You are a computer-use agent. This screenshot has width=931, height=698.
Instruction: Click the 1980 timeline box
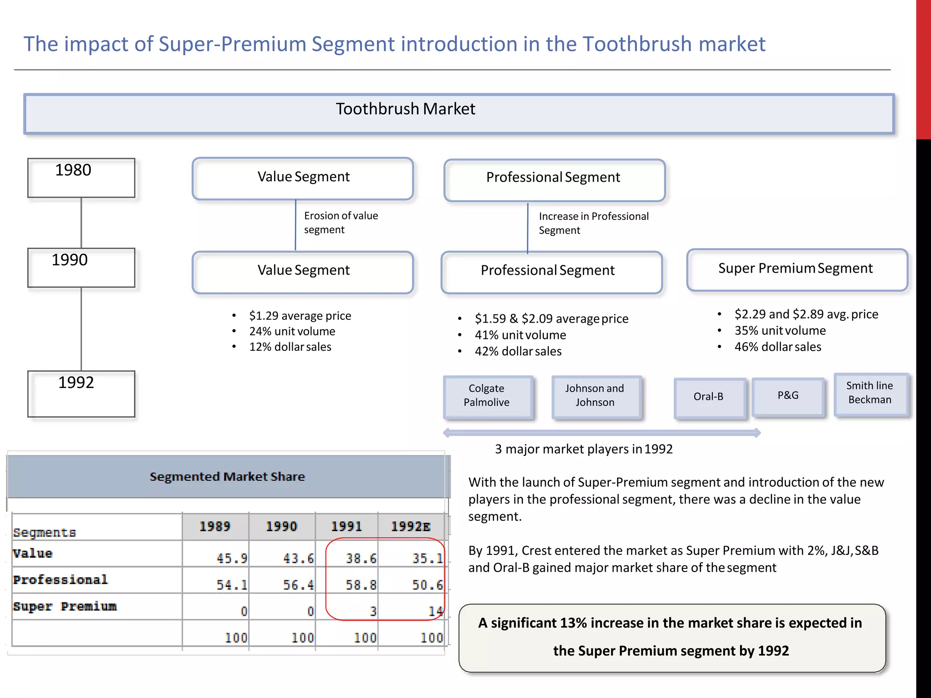(x=81, y=178)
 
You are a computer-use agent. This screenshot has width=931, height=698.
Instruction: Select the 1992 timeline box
(x=81, y=394)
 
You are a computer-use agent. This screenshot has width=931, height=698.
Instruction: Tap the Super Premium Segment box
(x=796, y=269)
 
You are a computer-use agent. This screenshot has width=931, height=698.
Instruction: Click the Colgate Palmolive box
(x=487, y=396)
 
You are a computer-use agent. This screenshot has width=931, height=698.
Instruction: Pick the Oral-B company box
(x=709, y=397)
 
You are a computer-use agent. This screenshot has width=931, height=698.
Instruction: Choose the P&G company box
(x=788, y=396)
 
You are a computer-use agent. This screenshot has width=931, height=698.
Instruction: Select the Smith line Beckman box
(x=870, y=394)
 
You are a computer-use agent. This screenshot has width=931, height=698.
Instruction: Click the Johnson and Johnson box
(x=596, y=396)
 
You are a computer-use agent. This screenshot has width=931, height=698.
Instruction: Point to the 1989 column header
(x=215, y=527)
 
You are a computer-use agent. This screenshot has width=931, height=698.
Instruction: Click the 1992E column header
(x=411, y=527)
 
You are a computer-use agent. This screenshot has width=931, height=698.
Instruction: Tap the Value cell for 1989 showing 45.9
(x=231, y=558)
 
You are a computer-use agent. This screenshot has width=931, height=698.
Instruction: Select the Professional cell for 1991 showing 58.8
(x=360, y=584)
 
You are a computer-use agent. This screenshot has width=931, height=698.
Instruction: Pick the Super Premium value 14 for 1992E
(x=435, y=611)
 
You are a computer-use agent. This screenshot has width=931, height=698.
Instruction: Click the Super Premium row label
(x=65, y=607)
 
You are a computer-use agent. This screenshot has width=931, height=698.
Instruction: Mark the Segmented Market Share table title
(x=227, y=477)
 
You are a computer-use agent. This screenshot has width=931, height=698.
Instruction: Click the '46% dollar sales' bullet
(x=777, y=347)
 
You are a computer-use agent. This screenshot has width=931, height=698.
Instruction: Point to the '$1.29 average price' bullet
(x=300, y=316)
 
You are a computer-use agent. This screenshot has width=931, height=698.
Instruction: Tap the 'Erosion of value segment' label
(x=341, y=223)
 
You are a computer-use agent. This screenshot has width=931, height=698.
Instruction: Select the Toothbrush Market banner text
(x=405, y=109)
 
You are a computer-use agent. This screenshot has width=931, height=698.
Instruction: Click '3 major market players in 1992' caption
(x=584, y=449)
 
